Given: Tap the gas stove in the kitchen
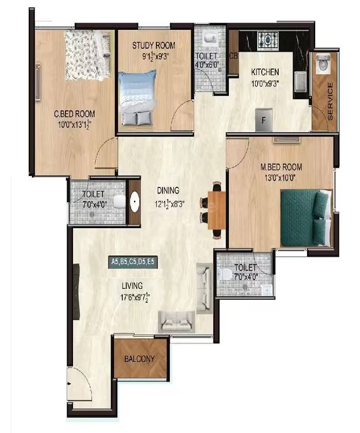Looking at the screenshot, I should click(x=268, y=39).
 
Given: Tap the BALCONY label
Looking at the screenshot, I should click(x=140, y=359).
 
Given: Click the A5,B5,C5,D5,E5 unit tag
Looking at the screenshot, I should click(x=133, y=262).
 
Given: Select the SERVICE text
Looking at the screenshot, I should click(x=330, y=101).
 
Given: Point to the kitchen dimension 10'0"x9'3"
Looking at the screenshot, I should click(x=266, y=82).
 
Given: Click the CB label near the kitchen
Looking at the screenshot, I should click(x=233, y=56).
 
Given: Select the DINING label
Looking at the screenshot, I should click(x=168, y=190).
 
